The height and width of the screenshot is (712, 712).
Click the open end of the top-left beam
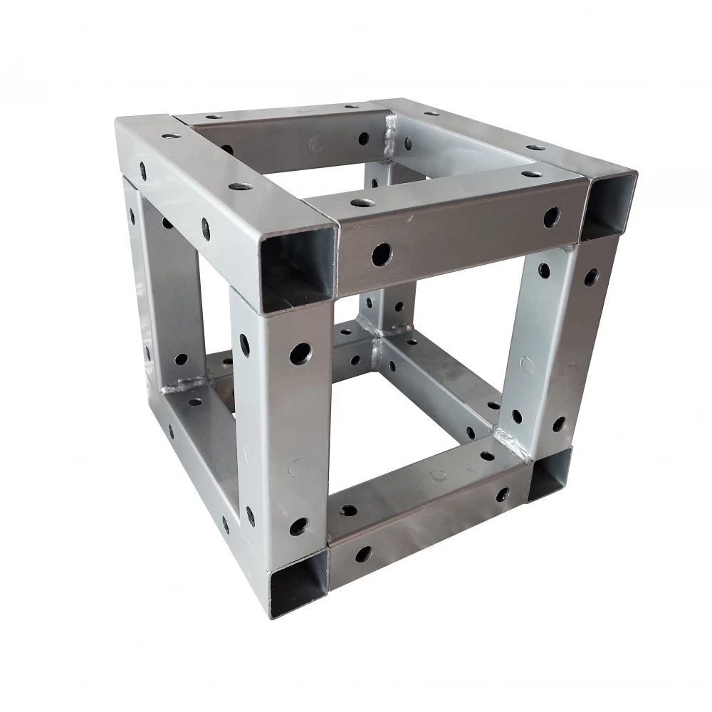(298, 267)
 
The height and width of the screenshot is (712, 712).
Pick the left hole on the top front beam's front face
(382, 253)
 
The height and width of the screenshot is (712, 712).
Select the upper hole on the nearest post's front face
(300, 352)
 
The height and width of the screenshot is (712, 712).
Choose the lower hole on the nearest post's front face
(299, 527)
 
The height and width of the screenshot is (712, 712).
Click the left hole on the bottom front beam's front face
(364, 553)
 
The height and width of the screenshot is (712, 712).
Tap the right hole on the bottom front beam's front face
(503, 493)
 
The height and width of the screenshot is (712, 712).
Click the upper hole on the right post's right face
(590, 277)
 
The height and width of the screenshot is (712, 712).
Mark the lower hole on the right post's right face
(559, 424)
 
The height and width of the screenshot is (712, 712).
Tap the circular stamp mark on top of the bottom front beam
(436, 473)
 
